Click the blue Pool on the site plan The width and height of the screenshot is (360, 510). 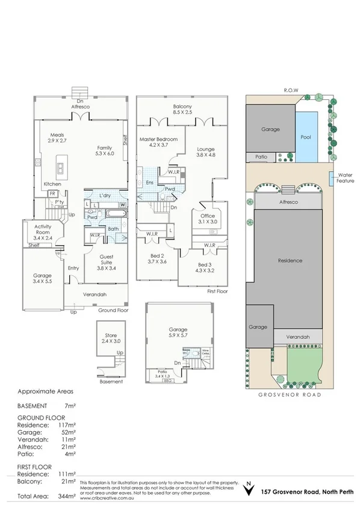tap(305, 137)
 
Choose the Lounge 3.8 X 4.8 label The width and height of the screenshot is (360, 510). tap(206, 152)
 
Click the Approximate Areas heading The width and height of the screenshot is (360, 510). tap(46, 390)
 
